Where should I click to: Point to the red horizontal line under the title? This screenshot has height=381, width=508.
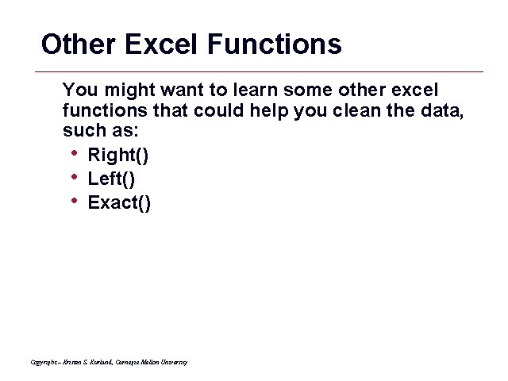tap(262, 72)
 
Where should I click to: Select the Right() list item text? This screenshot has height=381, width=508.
tap(117, 155)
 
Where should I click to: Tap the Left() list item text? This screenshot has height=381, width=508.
tap(111, 179)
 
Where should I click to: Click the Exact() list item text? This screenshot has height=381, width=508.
tap(119, 203)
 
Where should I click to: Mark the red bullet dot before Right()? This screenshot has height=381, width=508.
tap(73, 153)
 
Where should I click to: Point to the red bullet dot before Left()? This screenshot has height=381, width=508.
tap(73, 177)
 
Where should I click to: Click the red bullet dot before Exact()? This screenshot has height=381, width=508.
tap(73, 201)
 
